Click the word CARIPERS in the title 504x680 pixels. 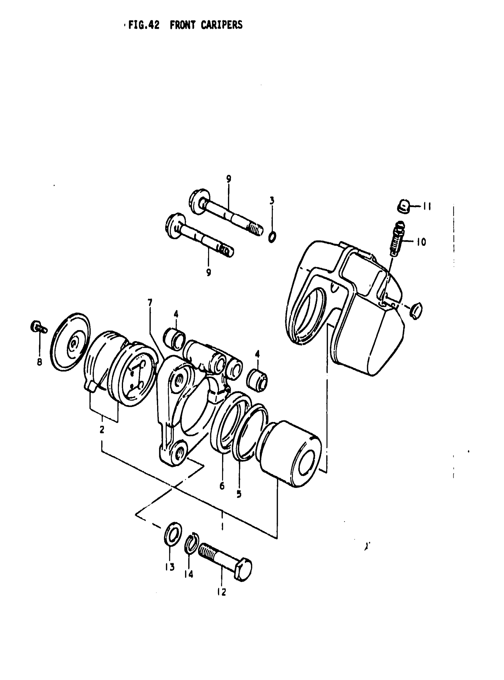(x=221, y=25)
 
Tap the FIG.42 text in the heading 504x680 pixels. (x=144, y=25)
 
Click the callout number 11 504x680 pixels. (x=427, y=207)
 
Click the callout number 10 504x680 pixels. (x=421, y=242)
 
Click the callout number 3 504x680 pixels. (x=272, y=200)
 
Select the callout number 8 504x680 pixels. (x=39, y=362)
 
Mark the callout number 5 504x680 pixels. (x=239, y=494)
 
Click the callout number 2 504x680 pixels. (x=102, y=430)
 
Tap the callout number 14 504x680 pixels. (x=189, y=575)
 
